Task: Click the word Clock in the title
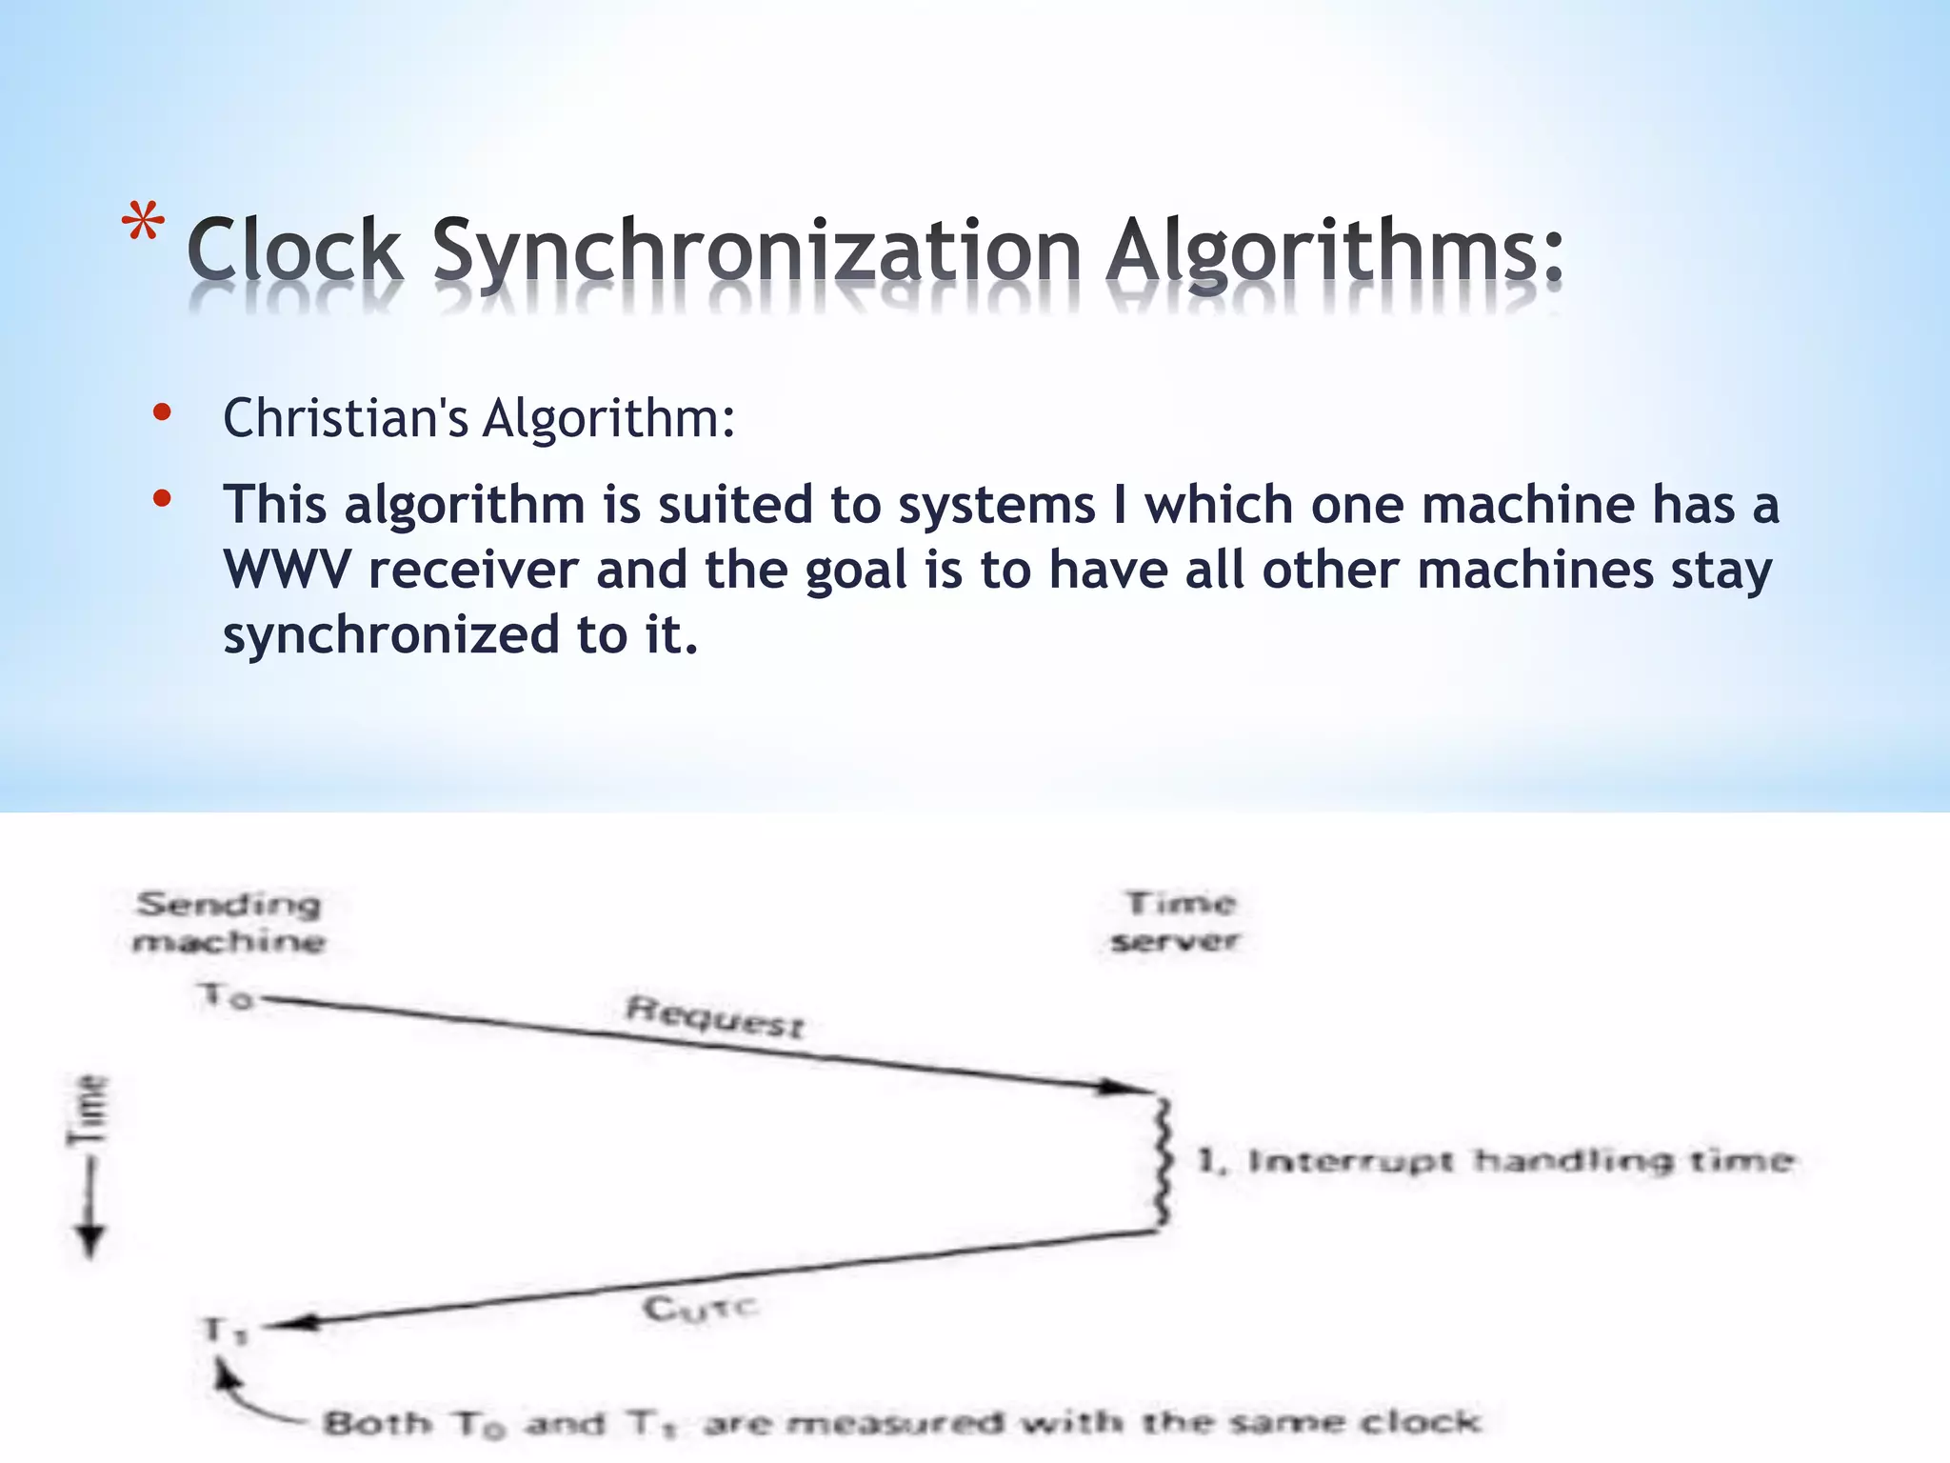(x=294, y=250)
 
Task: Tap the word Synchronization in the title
(x=757, y=251)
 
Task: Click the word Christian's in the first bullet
(x=345, y=418)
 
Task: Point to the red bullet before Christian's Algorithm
(x=162, y=412)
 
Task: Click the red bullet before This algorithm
(x=162, y=497)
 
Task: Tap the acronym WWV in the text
(x=287, y=570)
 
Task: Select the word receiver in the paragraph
(x=473, y=570)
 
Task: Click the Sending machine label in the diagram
(x=229, y=922)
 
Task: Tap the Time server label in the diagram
(x=1177, y=921)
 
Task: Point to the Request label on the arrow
(x=714, y=1016)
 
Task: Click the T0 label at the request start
(x=226, y=996)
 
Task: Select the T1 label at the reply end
(x=226, y=1330)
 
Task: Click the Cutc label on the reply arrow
(x=700, y=1309)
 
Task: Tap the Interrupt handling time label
(x=1495, y=1160)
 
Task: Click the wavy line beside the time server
(x=1162, y=1162)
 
